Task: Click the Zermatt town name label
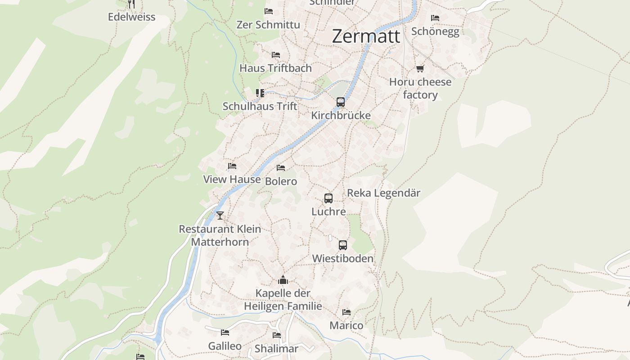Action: (366, 36)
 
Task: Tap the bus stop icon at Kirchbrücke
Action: (341, 102)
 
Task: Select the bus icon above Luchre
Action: (328, 198)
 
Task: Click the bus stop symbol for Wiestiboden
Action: (343, 245)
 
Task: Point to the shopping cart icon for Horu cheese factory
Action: (420, 68)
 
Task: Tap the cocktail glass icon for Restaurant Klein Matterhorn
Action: (220, 216)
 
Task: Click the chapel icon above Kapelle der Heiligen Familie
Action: (283, 280)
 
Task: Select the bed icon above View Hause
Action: (232, 166)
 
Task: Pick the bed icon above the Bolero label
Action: (281, 168)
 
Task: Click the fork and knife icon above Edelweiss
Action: (131, 4)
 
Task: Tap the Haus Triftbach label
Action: (275, 68)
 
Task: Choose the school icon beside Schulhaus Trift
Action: (260, 93)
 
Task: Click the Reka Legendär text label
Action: (383, 193)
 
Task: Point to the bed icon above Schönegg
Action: (435, 18)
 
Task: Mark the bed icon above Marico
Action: (346, 312)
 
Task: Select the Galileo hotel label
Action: (225, 346)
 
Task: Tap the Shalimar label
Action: (276, 349)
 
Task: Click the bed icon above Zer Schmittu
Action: (269, 11)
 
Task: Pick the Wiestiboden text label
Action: (343, 258)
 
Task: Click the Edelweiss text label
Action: (131, 17)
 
